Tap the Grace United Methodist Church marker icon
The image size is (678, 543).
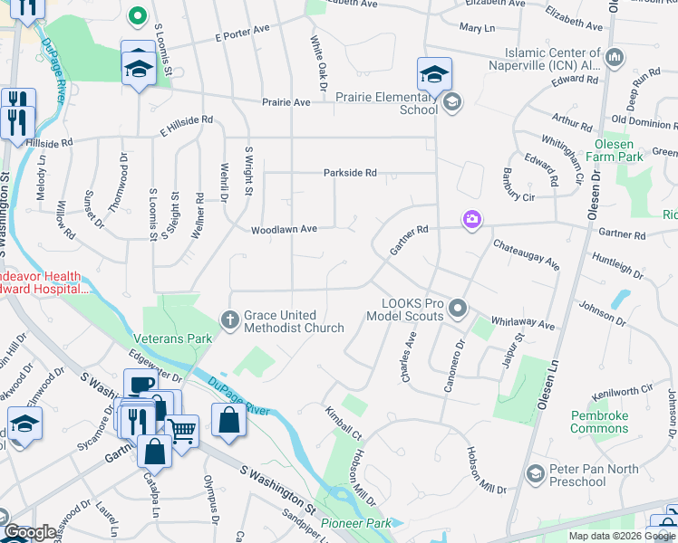coord(230,318)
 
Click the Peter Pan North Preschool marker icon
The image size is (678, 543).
coord(536,473)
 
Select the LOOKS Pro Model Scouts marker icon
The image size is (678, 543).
coord(458,310)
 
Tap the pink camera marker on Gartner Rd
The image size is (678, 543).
coord(471,220)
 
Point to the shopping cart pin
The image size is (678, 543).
coord(182,430)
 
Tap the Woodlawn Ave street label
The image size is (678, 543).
coord(284,229)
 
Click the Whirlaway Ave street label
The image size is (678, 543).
coord(522,322)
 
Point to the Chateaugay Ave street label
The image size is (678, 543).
coord(526,254)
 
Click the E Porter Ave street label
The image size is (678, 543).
coord(242,38)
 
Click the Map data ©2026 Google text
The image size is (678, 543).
coord(620,536)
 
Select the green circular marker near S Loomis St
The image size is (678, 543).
coord(137,14)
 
